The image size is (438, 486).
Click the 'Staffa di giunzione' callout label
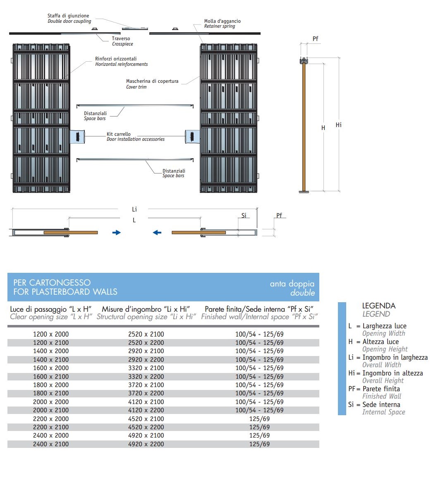pyautogui.click(x=68, y=15)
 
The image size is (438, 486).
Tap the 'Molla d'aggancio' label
pyautogui.click(x=222, y=21)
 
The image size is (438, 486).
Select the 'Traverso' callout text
pyautogui.click(x=121, y=38)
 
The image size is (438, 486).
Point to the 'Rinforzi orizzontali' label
pyautogui.click(x=116, y=59)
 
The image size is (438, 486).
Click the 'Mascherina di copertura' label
pyautogui.click(x=152, y=81)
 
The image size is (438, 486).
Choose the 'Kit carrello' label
pyautogui.click(x=119, y=134)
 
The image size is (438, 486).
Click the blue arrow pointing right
pyautogui.click(x=117, y=233)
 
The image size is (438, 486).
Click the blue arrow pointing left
pyautogui.click(x=157, y=233)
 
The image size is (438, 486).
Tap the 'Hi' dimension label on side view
pyautogui.click(x=339, y=125)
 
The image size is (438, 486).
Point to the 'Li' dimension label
pyautogui.click(x=134, y=209)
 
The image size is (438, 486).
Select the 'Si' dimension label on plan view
pyautogui.click(x=244, y=215)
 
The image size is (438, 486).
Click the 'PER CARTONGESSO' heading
pyautogui.click(x=52, y=283)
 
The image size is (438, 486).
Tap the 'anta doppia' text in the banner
pyautogui.click(x=292, y=284)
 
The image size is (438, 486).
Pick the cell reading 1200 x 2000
pyautogui.click(x=51, y=334)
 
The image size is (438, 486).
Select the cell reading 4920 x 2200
pyautogui.click(x=146, y=444)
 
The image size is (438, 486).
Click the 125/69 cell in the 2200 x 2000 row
pyautogui.click(x=260, y=419)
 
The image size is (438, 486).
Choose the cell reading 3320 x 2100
pyautogui.click(x=146, y=368)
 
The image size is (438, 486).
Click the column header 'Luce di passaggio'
pyautogui.click(x=51, y=309)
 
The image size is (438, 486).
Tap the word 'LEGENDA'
pyautogui.click(x=379, y=306)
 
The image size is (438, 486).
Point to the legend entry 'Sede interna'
pyautogui.click(x=381, y=404)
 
